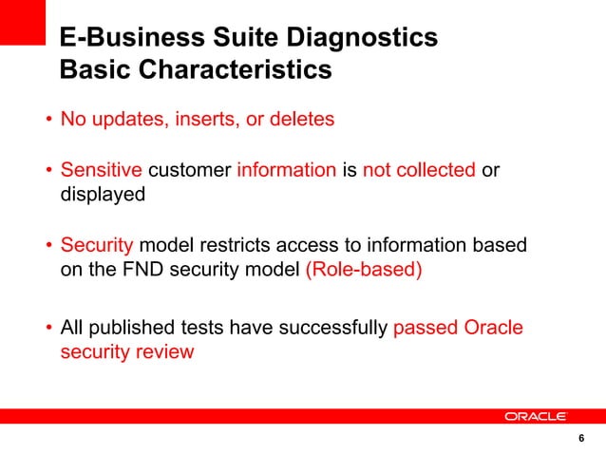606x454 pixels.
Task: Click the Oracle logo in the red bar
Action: pos(536,416)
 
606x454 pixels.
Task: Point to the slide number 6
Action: pos(580,439)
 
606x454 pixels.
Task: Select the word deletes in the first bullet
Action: pos(302,121)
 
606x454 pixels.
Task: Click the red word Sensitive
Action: pos(102,171)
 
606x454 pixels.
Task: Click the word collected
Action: pos(436,171)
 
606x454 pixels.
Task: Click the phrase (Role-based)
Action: pos(363,269)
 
